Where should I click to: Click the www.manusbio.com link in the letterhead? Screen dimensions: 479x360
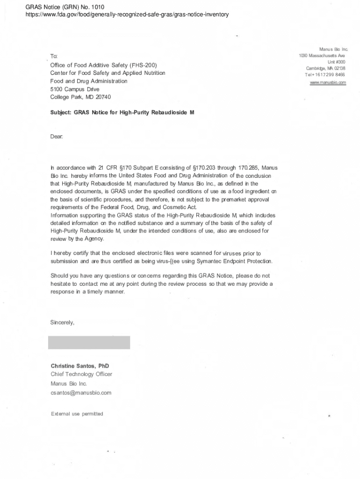click(328, 83)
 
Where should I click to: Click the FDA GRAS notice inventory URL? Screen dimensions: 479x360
click(127, 15)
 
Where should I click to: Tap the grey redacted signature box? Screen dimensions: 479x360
click(89, 342)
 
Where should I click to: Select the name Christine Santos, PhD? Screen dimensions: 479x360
click(80, 366)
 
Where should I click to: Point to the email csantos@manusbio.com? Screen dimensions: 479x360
click(81, 392)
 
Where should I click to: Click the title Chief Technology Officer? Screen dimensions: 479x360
click(81, 374)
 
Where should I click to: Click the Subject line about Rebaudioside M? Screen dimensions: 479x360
click(122, 113)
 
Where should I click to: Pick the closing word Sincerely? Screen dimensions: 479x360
click(62, 322)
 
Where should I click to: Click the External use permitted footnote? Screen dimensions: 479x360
click(77, 414)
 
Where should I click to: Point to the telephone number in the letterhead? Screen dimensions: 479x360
click(325, 75)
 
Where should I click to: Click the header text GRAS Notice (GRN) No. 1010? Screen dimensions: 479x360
click(65, 7)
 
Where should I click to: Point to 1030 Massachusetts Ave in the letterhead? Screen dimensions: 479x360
click(322, 56)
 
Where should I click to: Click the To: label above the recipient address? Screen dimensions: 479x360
click(54, 57)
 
